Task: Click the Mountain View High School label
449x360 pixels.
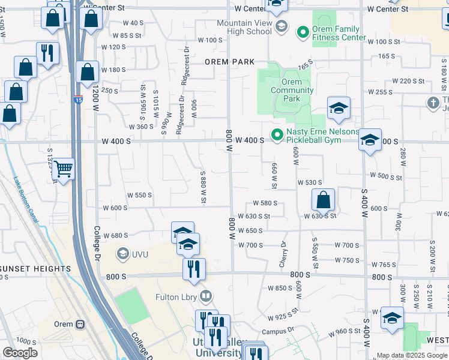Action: coord(247,27)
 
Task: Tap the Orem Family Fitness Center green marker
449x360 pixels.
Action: coord(303,31)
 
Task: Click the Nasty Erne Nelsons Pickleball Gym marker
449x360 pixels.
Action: coord(277,136)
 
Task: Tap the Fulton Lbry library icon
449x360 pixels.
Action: coord(206,296)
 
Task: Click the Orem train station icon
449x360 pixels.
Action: coord(80,324)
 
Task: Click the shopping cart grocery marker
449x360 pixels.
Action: coord(63,170)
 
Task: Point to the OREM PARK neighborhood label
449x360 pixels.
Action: coord(229,62)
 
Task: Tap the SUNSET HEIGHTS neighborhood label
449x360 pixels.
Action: coord(35,269)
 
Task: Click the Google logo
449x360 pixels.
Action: coord(20,353)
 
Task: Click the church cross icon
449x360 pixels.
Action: coord(433,103)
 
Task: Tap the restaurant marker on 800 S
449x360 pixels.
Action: coord(193,269)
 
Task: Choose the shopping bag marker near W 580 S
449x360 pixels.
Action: coord(323,200)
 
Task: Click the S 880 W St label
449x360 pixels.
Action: coord(203,187)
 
